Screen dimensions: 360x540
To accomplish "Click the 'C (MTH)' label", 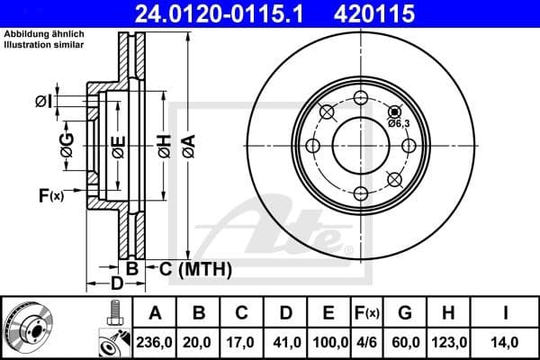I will [195, 268].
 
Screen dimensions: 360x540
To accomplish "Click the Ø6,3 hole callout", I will [399, 123].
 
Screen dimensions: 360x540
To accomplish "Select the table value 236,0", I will [158, 342].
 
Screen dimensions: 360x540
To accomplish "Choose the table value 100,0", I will [332, 342].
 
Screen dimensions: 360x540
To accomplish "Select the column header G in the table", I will [406, 314].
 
